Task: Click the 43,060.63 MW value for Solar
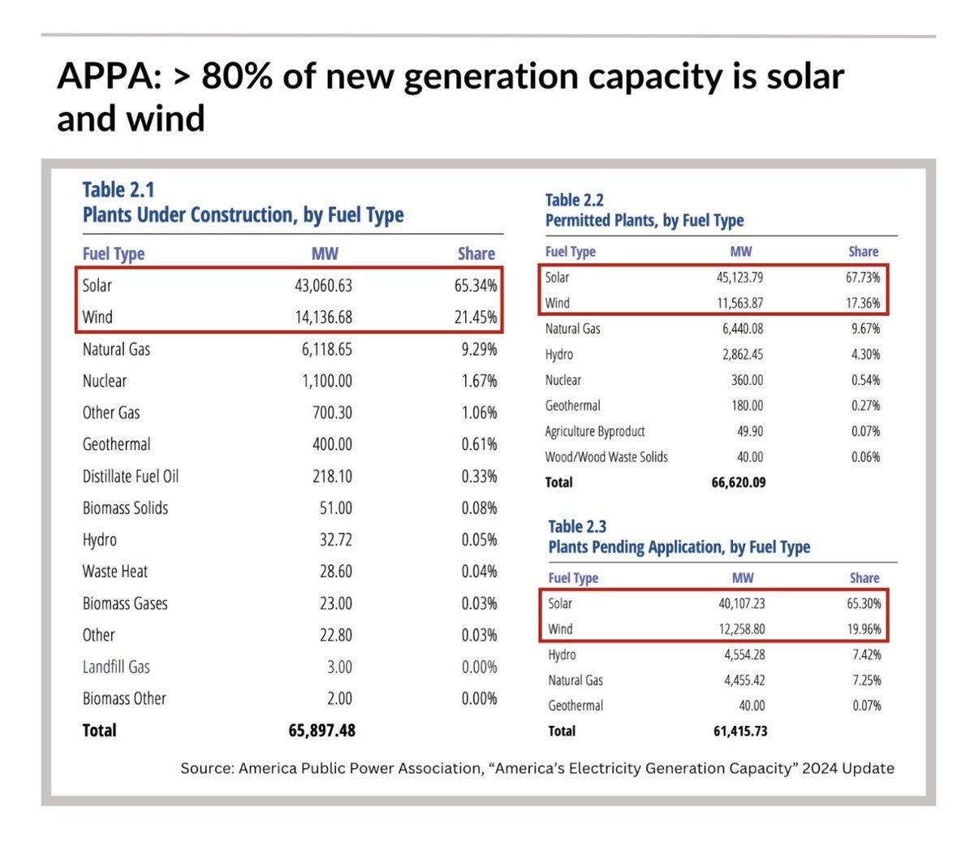323,286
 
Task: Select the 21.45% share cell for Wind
476,317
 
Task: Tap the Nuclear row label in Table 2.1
105,381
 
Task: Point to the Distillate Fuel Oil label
131,477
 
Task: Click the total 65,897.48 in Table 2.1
321,731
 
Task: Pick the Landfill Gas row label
116,667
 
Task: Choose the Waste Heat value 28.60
335,572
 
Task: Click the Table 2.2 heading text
575,201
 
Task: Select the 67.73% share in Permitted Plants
863,278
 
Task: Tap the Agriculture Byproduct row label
595,431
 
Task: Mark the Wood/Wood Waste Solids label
606,457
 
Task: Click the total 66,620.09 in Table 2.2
738,482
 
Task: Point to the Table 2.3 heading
577,527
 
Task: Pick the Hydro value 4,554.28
743,655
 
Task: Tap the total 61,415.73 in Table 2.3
740,732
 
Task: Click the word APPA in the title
105,77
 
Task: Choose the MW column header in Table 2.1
325,254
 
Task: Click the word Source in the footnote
206,768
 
